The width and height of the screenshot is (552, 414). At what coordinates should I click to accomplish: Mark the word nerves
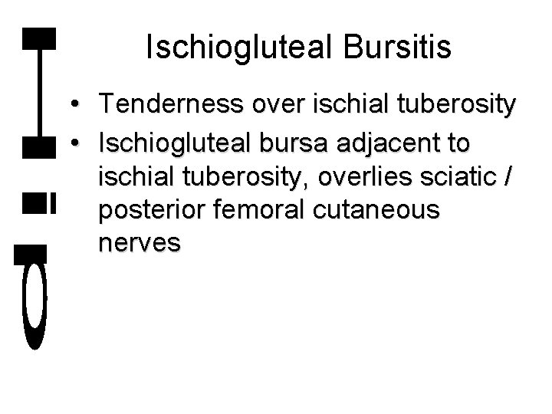[x=140, y=243]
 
